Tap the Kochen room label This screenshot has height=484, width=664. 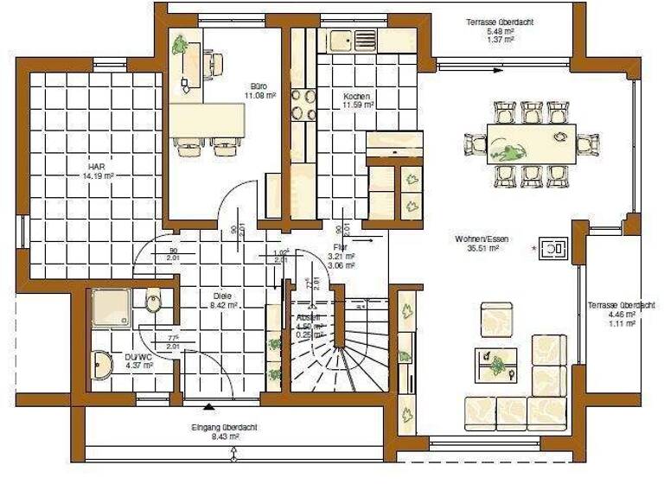point(357,96)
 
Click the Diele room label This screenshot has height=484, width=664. point(225,296)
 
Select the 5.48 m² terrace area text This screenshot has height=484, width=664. point(489,31)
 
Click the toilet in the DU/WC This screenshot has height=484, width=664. point(154,302)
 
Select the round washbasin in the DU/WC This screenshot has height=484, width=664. point(102,365)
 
